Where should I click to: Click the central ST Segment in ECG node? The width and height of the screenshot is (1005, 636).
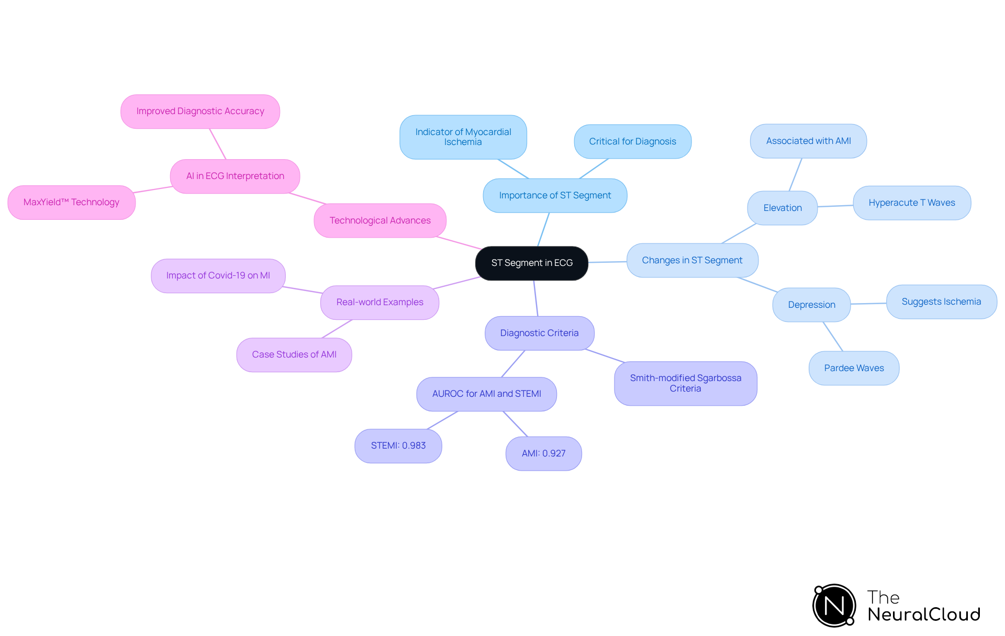click(x=531, y=263)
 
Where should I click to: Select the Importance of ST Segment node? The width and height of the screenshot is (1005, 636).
click(x=555, y=195)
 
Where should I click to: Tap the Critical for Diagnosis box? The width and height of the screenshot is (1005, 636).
click(x=632, y=141)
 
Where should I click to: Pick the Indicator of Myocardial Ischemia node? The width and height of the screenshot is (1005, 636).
click(x=463, y=137)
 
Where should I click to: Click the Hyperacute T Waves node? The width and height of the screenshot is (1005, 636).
click(x=911, y=203)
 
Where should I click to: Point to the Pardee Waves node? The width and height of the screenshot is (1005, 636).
click(x=854, y=368)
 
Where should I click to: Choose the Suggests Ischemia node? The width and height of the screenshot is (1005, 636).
click(x=941, y=302)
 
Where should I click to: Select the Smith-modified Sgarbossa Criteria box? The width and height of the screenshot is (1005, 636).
click(x=685, y=383)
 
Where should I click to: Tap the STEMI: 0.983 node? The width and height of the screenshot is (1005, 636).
click(x=398, y=445)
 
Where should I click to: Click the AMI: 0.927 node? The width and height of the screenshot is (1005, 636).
click(x=543, y=453)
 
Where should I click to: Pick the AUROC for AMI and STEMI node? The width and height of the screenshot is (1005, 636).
click(x=486, y=394)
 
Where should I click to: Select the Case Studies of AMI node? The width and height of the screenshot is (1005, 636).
click(x=294, y=354)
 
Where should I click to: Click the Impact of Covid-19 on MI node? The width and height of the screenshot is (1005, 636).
click(x=218, y=275)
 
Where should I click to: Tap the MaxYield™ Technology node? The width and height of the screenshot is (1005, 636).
click(x=71, y=202)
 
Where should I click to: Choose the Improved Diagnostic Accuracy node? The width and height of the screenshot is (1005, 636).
click(x=200, y=111)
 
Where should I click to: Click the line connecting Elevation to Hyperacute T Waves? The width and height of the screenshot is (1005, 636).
click(x=835, y=206)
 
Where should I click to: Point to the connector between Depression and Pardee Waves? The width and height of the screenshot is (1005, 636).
click(x=833, y=337)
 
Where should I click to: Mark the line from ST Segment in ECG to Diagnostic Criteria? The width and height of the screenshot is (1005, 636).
click(x=536, y=298)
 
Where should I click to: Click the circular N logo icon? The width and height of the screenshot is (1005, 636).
click(x=834, y=606)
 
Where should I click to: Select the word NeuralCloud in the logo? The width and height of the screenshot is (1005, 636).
click(x=923, y=615)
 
